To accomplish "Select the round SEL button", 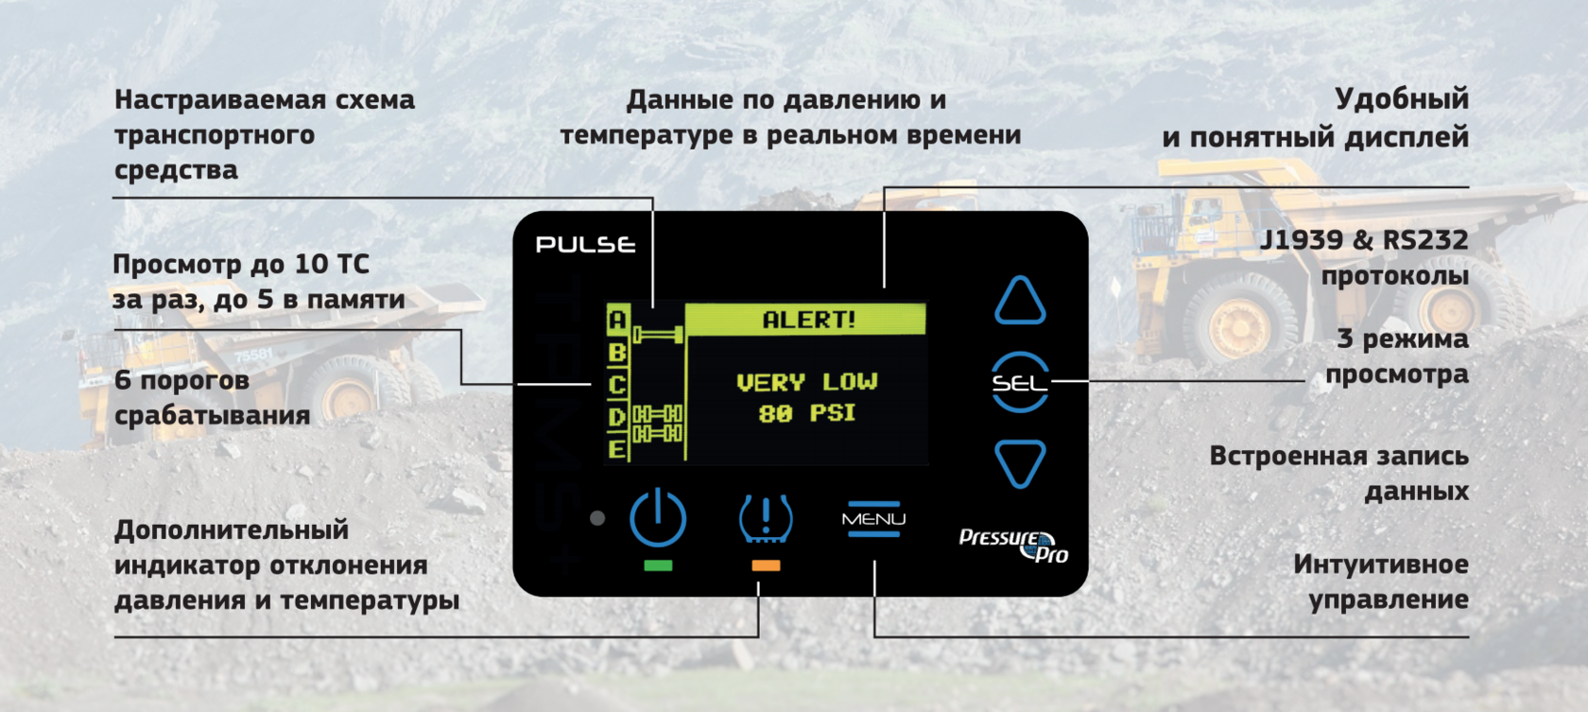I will pos(1020,383).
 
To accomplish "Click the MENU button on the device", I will pos(873,519).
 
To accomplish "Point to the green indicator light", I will pos(658,565).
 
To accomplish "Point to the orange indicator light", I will pos(766,565).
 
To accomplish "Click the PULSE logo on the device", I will pos(586,245).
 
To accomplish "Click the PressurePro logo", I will pos(1013,545).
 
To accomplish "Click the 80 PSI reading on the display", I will pos(806,413).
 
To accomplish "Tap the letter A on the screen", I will pos(617,320).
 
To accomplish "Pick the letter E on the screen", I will pos(617,448).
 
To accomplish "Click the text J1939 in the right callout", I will pos(1301,240).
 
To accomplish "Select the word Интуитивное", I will pos(1381,564).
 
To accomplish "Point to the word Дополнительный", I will pos(232,530).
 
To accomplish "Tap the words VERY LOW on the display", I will pos(806,382).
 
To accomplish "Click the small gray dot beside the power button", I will pos(597,518).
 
